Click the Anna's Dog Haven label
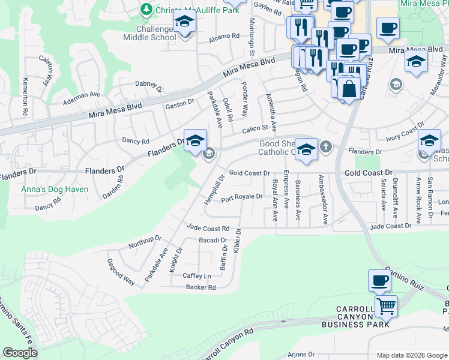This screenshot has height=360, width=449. (55, 189)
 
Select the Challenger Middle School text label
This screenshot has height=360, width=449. (149, 32)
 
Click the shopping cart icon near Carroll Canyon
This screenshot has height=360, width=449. (386, 306)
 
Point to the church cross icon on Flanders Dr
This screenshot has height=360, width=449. (325, 146)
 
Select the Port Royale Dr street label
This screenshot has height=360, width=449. (242, 197)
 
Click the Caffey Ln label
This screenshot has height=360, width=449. (197, 275)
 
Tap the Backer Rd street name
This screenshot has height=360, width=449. (200, 287)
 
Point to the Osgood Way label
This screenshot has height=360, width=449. (121, 271)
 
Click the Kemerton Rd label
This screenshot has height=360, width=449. (25, 96)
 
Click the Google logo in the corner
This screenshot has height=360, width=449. (20, 353)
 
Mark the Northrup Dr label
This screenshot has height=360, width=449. (146, 242)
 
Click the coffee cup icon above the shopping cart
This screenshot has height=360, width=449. (379, 280)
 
